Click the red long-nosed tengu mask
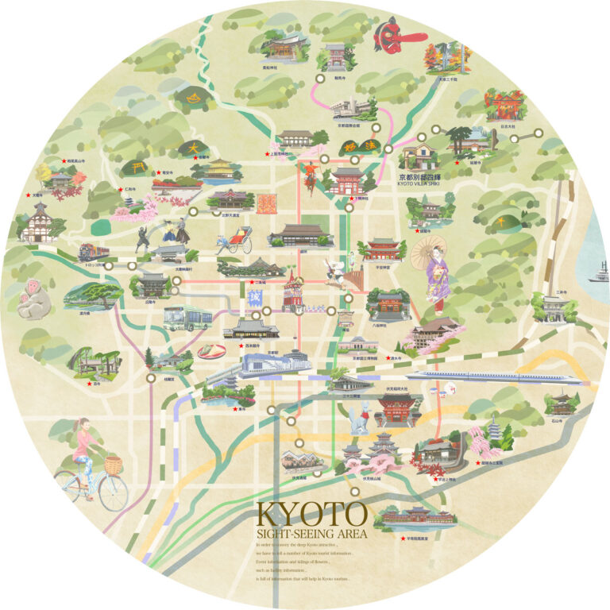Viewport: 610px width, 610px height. coord(391,34)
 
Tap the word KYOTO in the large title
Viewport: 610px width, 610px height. coord(311,513)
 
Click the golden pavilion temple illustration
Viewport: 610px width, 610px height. coord(218,169)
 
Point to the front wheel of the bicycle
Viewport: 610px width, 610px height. coord(114,492)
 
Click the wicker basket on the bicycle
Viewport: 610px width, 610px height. coord(114,465)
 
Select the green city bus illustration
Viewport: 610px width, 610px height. coord(187,318)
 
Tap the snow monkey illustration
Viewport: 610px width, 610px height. coord(34,300)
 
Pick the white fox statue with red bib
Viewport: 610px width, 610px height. coord(359,419)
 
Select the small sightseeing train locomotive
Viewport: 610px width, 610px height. coord(93,253)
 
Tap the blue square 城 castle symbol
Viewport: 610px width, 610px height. coord(255,299)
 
